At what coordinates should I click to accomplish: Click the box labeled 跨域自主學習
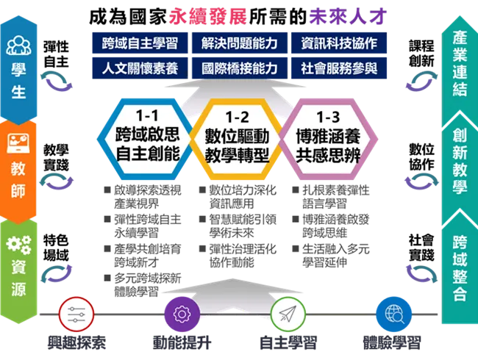140,43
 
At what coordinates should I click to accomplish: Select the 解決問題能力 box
240,43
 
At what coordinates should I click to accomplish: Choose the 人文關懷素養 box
140,68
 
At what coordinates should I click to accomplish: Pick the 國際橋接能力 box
240,68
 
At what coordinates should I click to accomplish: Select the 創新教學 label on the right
460,165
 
